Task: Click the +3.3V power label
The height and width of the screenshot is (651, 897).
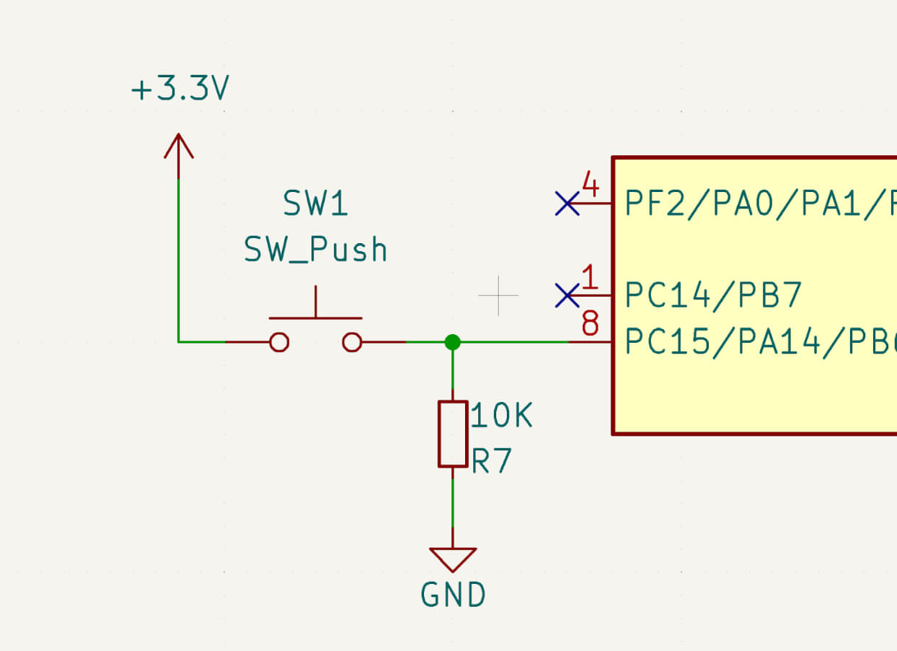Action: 180,90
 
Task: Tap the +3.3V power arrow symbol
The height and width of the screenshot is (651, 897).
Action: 178,146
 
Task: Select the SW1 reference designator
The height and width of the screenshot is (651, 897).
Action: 315,204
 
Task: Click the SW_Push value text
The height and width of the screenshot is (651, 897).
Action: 315,250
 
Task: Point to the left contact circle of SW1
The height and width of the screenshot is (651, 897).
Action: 279,342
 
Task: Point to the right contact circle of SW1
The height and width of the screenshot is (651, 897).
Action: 352,342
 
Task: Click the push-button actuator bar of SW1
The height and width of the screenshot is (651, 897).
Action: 315,317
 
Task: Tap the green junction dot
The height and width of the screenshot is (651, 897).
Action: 452,342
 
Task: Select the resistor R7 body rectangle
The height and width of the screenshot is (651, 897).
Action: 452,434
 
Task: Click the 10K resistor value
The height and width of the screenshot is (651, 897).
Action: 501,416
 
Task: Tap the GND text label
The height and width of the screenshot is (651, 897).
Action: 453,595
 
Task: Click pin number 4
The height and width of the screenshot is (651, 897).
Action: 590,186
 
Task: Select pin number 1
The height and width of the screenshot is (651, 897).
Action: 590,278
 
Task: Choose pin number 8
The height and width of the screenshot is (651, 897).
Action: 590,324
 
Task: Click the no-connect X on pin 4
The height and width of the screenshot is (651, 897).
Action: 567,204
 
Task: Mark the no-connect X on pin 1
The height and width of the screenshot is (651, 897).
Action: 567,295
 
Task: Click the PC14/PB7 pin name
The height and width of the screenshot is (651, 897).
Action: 713,295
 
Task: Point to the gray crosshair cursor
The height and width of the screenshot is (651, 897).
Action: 498,295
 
